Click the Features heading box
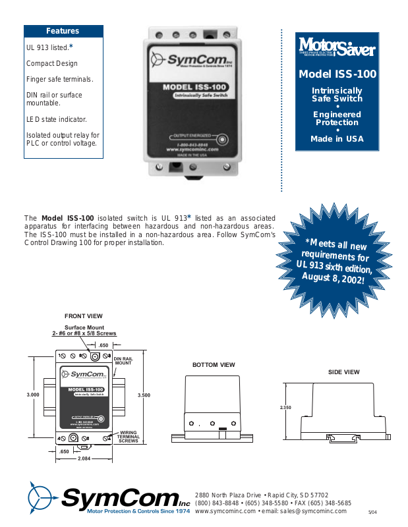(63, 31)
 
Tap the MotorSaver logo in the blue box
(337, 48)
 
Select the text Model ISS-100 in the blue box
(337, 74)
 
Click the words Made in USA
(337, 139)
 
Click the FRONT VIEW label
(84, 316)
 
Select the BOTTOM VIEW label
(214, 364)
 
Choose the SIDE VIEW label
(344, 372)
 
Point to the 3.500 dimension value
(144, 395)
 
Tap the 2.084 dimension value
(84, 458)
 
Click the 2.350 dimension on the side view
(285, 408)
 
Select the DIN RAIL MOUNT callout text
(123, 360)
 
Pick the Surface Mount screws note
(84, 331)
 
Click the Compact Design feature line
(52, 64)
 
